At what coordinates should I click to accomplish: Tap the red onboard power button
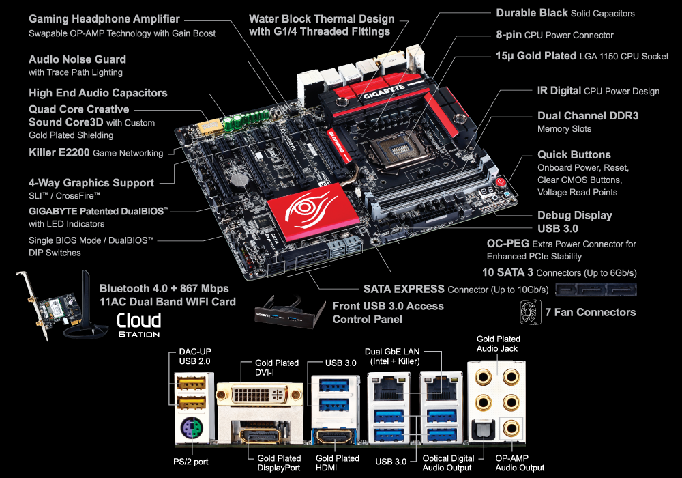(501, 182)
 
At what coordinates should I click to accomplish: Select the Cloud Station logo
(139, 324)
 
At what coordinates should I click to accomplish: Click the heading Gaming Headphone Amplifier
(104, 19)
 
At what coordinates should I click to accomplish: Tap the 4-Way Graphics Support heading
(91, 183)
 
